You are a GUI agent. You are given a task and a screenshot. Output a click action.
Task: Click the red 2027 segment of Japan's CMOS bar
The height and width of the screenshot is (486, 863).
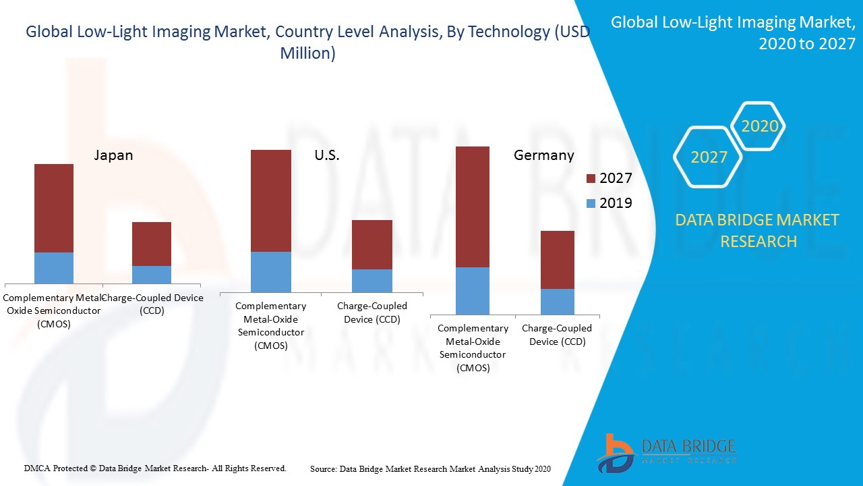tap(54, 208)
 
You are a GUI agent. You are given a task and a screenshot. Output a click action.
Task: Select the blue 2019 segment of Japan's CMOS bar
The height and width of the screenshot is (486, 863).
tap(54, 267)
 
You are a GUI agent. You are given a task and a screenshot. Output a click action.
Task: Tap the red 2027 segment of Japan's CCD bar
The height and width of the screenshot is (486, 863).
tap(152, 244)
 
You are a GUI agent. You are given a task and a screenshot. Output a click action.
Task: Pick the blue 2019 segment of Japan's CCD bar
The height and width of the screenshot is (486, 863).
tap(152, 274)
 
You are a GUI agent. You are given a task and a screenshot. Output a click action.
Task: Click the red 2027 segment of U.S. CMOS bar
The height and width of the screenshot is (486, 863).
tap(271, 200)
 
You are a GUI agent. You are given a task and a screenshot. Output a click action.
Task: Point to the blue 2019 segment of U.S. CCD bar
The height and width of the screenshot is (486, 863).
tap(372, 280)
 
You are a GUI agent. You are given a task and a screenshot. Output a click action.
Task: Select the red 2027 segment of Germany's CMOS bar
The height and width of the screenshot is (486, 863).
tap(473, 207)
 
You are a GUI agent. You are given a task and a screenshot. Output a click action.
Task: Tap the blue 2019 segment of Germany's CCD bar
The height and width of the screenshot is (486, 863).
tap(558, 301)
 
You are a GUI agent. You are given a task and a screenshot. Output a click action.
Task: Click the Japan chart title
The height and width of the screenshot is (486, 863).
tap(113, 155)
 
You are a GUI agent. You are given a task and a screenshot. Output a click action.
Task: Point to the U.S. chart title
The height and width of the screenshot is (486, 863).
tap(327, 155)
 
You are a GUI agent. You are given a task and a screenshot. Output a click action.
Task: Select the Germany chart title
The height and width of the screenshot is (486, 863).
tap(543, 155)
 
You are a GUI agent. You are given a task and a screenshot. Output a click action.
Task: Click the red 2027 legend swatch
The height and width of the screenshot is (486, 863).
tap(591, 179)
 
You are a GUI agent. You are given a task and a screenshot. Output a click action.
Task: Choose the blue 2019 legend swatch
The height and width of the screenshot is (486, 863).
tap(591, 203)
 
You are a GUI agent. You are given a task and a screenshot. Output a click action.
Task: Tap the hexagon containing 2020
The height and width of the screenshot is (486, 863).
tap(759, 126)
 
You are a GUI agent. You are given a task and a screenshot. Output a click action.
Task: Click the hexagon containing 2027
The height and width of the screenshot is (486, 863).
tap(708, 157)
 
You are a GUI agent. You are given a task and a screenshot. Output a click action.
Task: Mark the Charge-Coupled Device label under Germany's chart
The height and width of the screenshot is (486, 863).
tap(556, 335)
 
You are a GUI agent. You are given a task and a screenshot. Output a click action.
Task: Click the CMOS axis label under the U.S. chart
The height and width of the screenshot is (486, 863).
tap(271, 325)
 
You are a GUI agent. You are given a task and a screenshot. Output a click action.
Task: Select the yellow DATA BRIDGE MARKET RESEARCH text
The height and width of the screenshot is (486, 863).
tap(758, 230)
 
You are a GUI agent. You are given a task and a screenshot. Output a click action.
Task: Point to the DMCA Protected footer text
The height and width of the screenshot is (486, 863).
tap(155, 468)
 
